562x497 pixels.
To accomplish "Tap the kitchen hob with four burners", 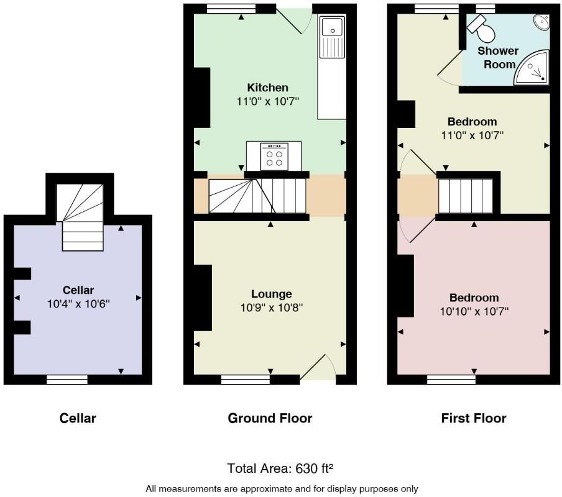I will [x=274, y=156].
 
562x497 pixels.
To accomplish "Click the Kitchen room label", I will [x=267, y=88].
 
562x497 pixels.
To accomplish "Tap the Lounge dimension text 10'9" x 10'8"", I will [x=271, y=307].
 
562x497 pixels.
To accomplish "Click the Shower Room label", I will [x=498, y=57].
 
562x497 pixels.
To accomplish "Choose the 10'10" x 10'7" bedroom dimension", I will [x=474, y=311].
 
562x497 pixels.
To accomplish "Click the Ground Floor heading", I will [x=270, y=418].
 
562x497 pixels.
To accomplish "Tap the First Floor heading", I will [x=473, y=418].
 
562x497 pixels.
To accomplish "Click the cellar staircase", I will [x=82, y=217].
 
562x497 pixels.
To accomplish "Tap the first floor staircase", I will [x=466, y=196].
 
